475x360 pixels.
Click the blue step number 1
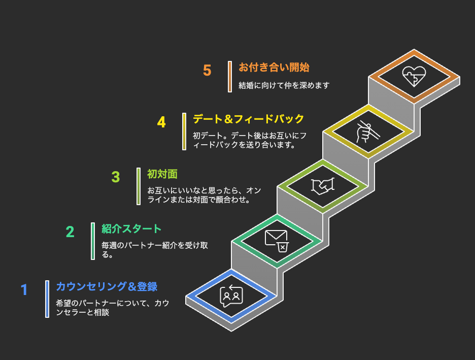24,289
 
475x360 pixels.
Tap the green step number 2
70,232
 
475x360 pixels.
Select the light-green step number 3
115,177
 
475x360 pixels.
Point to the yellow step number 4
161,122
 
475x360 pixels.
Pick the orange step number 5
207,70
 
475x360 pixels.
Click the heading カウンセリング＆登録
107,286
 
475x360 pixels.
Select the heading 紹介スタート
131,229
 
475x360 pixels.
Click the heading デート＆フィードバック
248,119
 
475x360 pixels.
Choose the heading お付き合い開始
274,67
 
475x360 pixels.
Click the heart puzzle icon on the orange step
414,76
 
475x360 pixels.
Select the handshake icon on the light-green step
323,186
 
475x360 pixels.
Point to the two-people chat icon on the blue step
231,296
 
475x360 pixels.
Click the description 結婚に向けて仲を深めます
284,85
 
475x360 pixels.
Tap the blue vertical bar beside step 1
47,299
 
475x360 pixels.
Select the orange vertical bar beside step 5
230,77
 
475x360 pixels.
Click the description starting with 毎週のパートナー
155,250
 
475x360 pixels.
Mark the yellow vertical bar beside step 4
184,132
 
